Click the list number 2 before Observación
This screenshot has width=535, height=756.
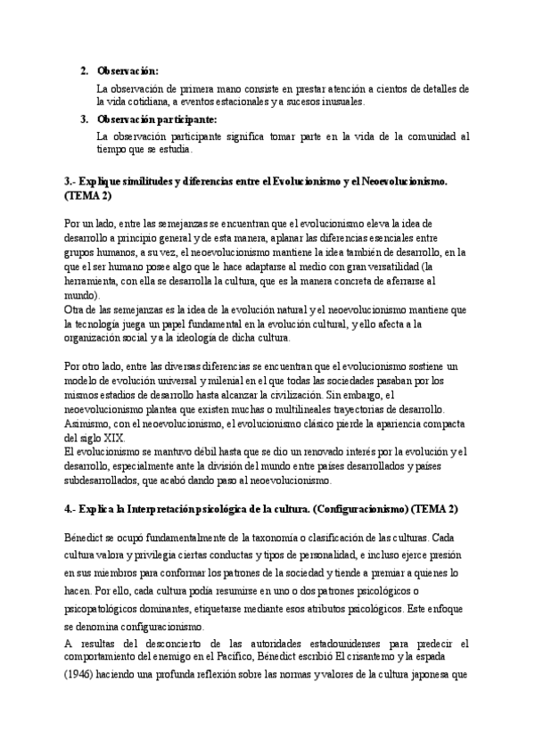coord(83,70)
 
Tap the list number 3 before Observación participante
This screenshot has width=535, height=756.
coord(83,119)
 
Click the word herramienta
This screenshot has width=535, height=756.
coord(95,281)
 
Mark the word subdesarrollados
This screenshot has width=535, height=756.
coord(111,481)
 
